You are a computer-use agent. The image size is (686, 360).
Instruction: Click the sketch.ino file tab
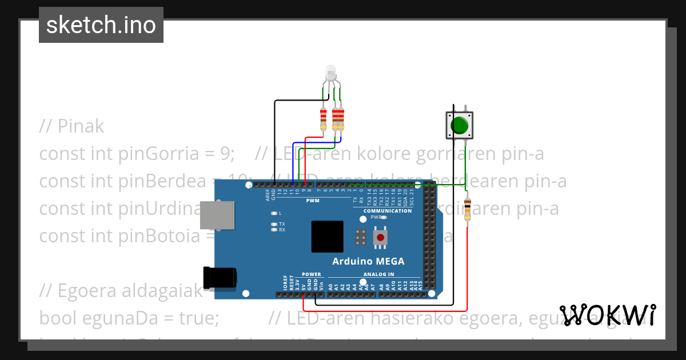[x=101, y=25]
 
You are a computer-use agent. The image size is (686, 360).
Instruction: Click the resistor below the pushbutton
[x=468, y=209]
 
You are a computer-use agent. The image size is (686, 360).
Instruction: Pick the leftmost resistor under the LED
[x=324, y=118]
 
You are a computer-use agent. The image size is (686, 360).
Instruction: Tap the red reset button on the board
[x=380, y=237]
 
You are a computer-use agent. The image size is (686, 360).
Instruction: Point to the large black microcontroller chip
[x=328, y=237]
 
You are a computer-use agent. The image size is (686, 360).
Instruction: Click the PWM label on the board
[x=313, y=201]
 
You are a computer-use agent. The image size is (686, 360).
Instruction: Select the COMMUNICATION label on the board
[x=387, y=211]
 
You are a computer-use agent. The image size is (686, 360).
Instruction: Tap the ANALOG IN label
[x=378, y=274]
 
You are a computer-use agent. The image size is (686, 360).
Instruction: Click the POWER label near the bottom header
[x=312, y=274]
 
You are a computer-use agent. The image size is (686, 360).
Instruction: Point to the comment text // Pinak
[x=71, y=126]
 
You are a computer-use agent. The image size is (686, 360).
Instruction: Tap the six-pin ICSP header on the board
[x=361, y=237]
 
